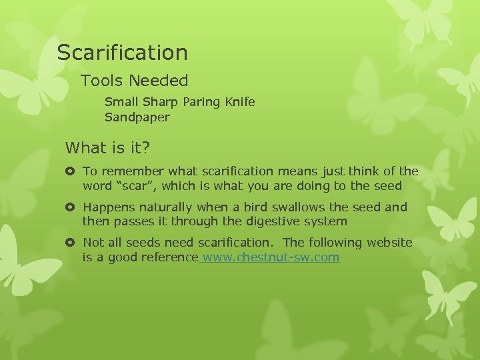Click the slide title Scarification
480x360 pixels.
[122, 52]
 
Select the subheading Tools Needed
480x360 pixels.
[135, 81]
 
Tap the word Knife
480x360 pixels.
[239, 103]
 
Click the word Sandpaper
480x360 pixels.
[137, 117]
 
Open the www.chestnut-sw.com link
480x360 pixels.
[270, 257]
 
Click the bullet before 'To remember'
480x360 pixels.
[70, 172]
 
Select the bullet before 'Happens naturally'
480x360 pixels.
[70, 207]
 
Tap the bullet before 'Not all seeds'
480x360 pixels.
[70, 243]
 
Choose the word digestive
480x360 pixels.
[271, 221]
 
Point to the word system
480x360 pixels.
[325, 221]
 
